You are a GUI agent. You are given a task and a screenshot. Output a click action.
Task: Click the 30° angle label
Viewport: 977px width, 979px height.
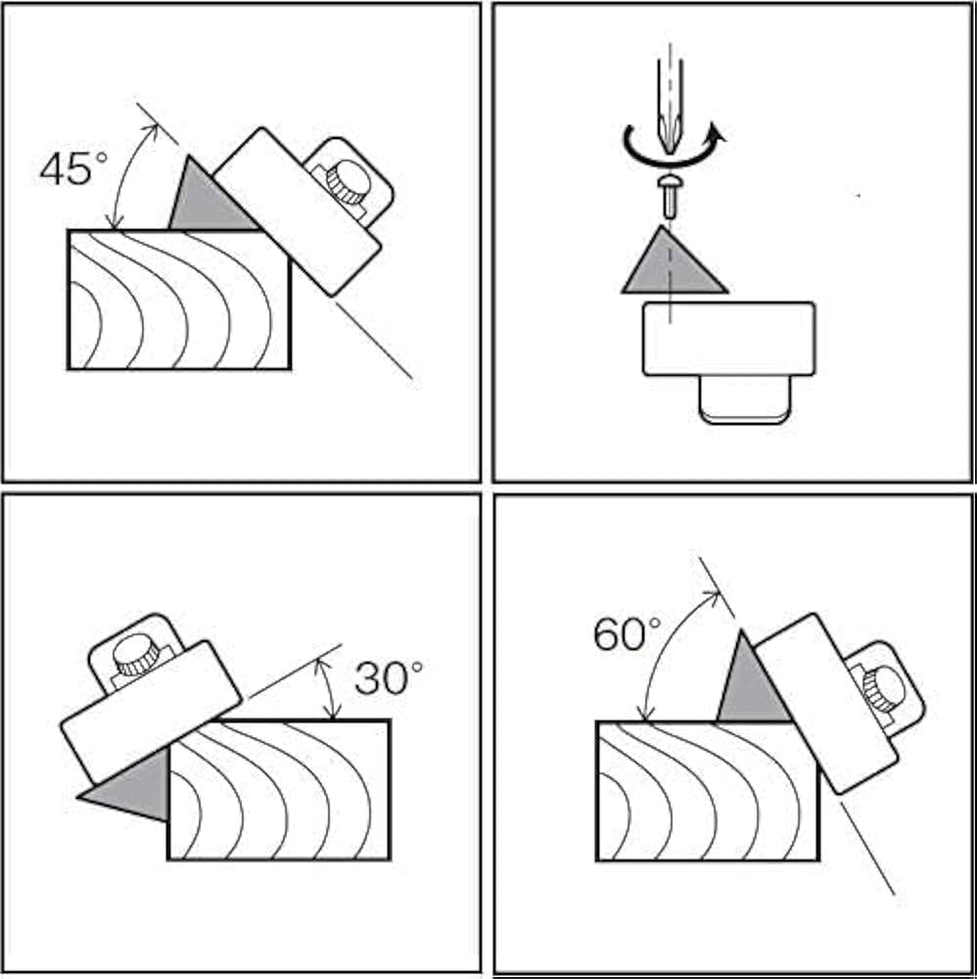(389, 677)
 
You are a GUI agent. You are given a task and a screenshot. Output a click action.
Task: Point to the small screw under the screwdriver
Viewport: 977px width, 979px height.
(670, 196)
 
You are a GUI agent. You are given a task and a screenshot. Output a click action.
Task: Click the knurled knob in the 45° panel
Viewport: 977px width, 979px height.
(348, 182)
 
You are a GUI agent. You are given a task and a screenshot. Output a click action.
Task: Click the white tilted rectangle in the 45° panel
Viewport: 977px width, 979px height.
(297, 210)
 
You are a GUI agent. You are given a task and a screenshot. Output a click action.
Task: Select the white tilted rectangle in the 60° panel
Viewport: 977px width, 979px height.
(827, 703)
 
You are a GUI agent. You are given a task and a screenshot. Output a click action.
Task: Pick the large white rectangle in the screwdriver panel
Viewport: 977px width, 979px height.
(728, 339)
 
